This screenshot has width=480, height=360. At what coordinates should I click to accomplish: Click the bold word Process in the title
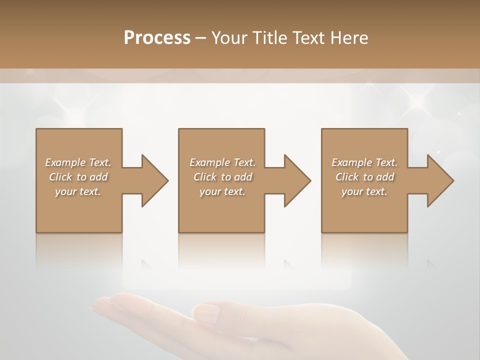click(157, 37)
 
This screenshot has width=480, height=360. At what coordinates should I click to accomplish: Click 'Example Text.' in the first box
click(78, 162)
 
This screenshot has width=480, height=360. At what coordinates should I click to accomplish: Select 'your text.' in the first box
click(78, 191)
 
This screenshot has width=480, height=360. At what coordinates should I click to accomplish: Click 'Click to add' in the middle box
click(222, 177)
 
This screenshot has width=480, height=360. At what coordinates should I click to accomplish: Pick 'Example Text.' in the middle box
click(222, 162)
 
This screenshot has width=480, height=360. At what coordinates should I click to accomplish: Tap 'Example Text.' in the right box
click(364, 162)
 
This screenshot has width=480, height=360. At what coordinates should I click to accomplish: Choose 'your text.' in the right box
click(364, 191)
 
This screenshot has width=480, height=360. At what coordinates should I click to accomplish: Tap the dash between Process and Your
click(201, 38)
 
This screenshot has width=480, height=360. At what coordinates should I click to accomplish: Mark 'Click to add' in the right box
click(364, 177)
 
